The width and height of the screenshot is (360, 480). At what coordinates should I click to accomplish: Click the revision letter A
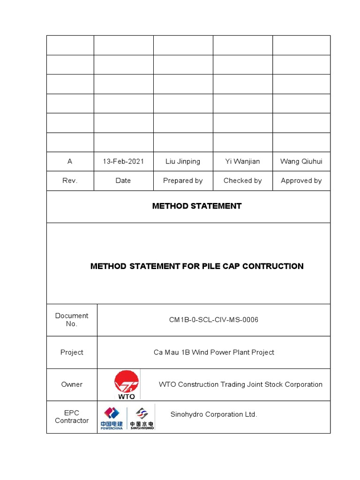point(70,161)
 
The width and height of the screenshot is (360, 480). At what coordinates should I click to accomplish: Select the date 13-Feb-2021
point(123,161)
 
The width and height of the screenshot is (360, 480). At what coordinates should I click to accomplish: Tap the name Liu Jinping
point(183,161)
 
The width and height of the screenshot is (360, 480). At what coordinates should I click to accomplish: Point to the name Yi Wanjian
point(242,161)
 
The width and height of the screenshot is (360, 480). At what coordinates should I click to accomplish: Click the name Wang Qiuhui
point(301,161)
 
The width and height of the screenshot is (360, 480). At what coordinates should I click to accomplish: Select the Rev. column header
point(70,180)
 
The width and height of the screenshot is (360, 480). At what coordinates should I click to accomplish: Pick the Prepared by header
point(183,180)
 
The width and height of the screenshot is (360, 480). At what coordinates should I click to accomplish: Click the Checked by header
point(242,180)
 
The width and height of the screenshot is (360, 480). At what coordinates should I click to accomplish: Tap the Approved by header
point(301,180)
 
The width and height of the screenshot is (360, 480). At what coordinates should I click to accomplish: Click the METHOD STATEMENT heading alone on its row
point(197,206)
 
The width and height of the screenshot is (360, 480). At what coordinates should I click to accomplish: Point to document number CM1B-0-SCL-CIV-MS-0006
point(214,320)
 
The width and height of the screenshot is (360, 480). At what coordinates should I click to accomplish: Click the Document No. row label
point(72,320)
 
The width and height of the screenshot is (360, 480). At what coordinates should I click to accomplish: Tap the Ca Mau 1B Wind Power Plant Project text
point(214,352)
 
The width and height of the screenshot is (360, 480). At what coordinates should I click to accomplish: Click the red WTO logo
point(127,384)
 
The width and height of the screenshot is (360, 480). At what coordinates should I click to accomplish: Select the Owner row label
point(72,384)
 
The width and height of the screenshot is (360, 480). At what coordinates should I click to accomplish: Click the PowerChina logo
point(112,418)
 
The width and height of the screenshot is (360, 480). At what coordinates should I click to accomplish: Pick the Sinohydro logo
point(142,418)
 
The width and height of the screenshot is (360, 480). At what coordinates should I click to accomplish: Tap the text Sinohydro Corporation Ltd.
point(213,414)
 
